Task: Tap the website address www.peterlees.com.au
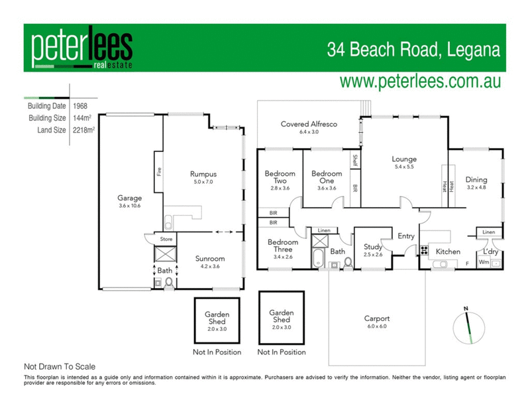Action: click(419, 82)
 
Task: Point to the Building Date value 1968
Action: click(81, 106)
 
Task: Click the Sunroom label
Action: click(210, 259)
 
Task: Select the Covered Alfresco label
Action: click(309, 124)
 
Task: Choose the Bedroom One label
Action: click(327, 174)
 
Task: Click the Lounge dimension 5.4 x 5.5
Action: click(403, 168)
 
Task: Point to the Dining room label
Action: click(476, 180)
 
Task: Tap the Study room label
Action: click(373, 247)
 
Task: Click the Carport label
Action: click(376, 318)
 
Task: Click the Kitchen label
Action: click(447, 251)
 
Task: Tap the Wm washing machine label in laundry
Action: click(484, 263)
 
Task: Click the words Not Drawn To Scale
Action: click(60, 366)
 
